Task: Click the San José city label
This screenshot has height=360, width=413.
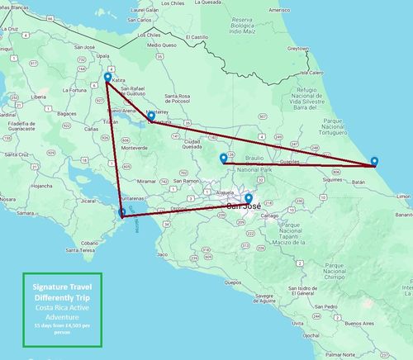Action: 245,206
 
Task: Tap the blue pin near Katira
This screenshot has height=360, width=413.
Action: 107,79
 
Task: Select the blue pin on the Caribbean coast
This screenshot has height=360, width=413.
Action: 375,161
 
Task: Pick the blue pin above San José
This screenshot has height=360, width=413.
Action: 249,198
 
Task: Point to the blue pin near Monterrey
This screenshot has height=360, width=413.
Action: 151,116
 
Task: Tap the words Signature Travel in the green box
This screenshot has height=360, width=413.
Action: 61,286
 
